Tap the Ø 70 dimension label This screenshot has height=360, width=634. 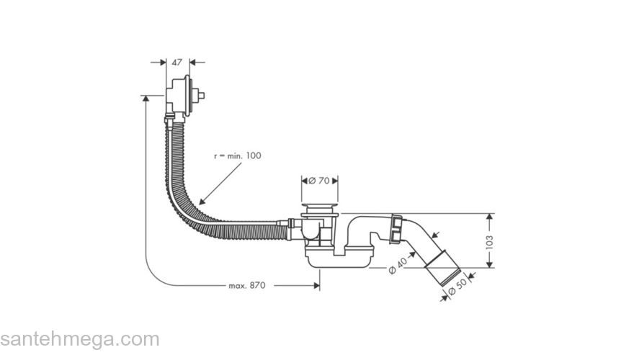point(319,181)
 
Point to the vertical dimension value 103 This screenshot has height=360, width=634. point(491,241)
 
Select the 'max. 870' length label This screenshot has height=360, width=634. point(247,286)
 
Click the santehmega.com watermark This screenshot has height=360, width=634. point(79,339)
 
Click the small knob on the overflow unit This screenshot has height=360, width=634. point(202,95)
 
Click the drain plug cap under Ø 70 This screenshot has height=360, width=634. point(319,210)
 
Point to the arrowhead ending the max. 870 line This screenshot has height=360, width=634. point(316,286)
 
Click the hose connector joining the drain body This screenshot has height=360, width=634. point(290,230)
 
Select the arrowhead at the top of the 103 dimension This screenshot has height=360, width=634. point(491,216)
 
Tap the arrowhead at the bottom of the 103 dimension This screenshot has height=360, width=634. point(491,264)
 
